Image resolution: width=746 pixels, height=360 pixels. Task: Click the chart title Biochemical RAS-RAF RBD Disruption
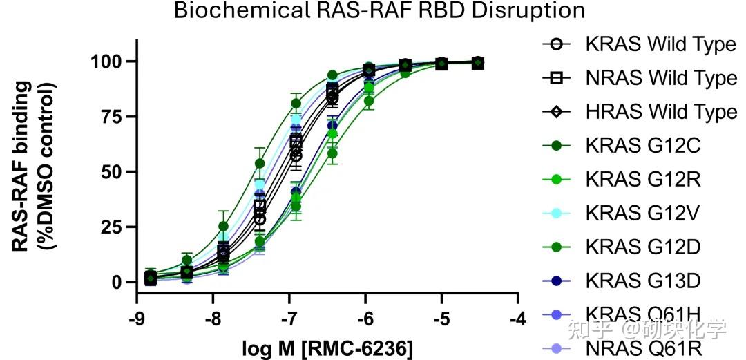point(379,10)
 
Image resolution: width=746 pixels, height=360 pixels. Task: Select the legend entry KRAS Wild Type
point(660,44)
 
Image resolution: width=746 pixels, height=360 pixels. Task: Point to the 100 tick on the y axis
point(108,61)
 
